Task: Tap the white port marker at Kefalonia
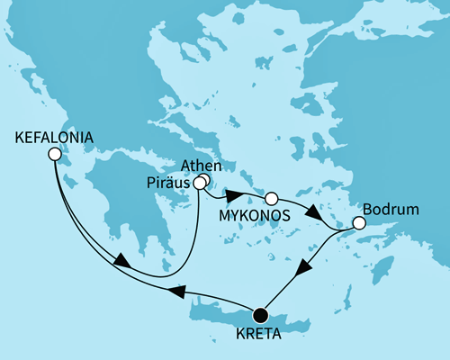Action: [x=54, y=155]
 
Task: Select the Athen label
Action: [x=199, y=166]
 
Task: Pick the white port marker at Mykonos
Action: [x=271, y=197]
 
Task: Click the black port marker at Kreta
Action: [x=261, y=314]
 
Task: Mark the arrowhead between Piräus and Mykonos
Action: [x=231, y=195]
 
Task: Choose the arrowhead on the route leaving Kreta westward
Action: [x=177, y=292]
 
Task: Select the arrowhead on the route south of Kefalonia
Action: [x=119, y=262]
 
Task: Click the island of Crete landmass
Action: [x=225, y=307]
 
